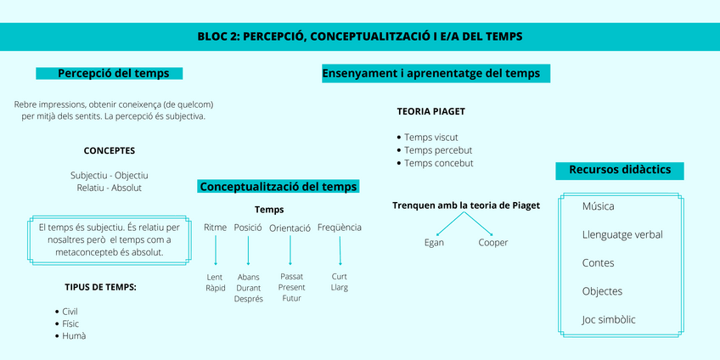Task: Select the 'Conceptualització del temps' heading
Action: click(x=278, y=186)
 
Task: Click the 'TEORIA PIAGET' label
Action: click(x=430, y=111)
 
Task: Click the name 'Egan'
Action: click(x=434, y=243)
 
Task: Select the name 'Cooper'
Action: click(x=492, y=243)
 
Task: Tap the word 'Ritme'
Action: click(x=216, y=228)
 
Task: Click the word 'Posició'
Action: click(x=248, y=228)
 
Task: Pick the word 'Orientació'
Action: click(x=290, y=228)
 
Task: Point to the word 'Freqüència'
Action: click(x=340, y=227)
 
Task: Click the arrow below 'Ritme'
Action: click(x=216, y=251)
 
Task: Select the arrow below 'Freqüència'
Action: click(x=340, y=250)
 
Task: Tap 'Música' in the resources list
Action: click(x=599, y=206)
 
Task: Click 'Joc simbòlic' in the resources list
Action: click(x=609, y=320)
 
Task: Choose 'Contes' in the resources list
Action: click(x=599, y=263)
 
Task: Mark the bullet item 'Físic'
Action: click(x=70, y=323)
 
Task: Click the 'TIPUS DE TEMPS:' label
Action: click(x=100, y=287)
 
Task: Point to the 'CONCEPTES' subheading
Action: click(x=109, y=150)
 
